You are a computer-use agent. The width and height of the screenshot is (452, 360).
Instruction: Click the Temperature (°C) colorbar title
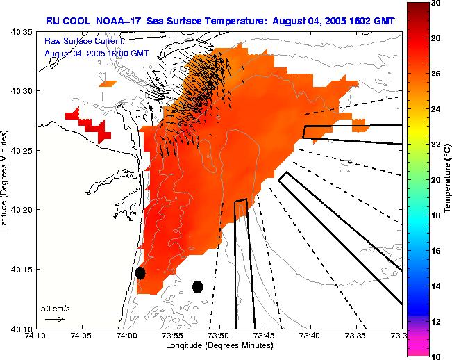[448, 179]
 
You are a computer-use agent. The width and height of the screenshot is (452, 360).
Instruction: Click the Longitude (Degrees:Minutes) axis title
[219, 346]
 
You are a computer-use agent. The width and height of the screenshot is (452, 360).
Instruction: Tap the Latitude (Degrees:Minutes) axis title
[5, 179]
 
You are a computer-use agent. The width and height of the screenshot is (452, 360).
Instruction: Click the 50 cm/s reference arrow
[54, 319]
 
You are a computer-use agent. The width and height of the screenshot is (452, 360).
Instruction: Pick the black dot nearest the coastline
[140, 272]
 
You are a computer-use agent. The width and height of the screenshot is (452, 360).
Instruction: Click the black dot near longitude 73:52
[197, 286]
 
